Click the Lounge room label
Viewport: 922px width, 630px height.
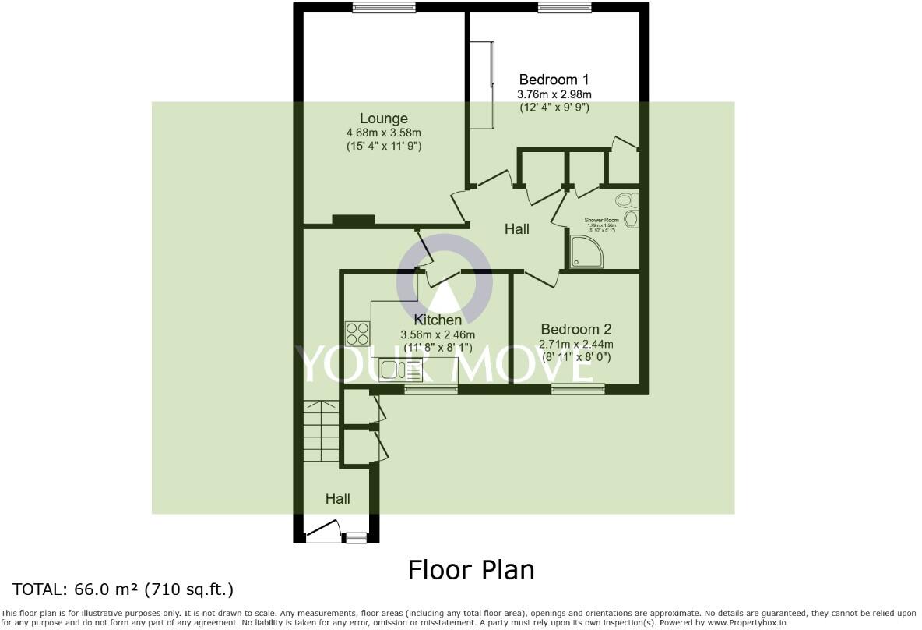click(x=383, y=119)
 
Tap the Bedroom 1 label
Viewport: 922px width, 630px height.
click(x=554, y=80)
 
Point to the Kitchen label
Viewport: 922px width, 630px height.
click(x=438, y=320)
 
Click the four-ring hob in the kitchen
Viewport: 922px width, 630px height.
click(x=357, y=333)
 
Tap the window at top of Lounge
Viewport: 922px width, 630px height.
click(x=384, y=8)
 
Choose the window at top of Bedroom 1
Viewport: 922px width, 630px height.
click(x=565, y=8)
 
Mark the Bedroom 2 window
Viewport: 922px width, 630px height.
click(x=578, y=388)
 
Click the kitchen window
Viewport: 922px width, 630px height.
click(x=431, y=388)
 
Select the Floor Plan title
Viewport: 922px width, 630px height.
click(x=471, y=570)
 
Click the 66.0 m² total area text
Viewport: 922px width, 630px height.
click(x=122, y=589)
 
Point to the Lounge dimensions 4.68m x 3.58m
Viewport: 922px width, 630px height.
click(x=383, y=133)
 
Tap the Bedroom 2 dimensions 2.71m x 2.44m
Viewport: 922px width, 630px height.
click(x=576, y=344)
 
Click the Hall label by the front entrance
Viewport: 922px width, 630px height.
click(x=337, y=498)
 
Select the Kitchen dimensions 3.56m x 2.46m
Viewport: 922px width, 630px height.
click(x=438, y=334)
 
